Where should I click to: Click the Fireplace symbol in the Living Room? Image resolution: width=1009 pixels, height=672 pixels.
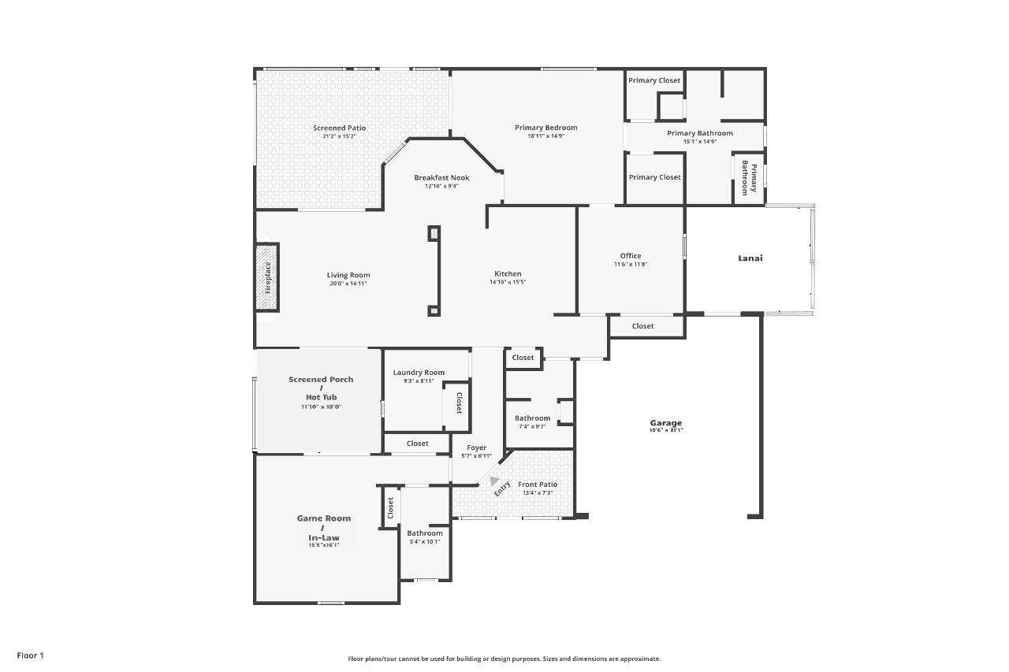pos(267,277)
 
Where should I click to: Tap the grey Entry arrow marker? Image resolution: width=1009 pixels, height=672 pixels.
pos(494,481)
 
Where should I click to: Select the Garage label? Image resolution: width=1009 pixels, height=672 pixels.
pos(666,422)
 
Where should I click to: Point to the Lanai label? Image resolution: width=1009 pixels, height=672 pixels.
pos(750,258)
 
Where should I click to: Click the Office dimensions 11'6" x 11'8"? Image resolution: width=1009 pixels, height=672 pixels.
pos(631,264)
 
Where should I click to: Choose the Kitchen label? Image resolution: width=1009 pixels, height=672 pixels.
pos(508,273)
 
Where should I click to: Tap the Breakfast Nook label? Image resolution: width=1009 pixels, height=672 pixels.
pos(441,178)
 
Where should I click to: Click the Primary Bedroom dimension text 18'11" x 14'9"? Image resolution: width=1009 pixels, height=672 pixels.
pos(546,136)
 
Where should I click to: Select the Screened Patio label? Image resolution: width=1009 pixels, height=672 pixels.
pos(339,128)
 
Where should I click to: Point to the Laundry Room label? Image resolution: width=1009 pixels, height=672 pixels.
pos(419,372)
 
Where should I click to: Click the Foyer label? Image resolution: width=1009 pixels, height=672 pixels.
pos(477,447)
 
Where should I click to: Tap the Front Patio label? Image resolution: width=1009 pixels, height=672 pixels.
pos(538,485)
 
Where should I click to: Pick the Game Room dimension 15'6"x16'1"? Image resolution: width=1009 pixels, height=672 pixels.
pos(324,545)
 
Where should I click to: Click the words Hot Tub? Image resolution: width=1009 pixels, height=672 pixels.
pos(321,397)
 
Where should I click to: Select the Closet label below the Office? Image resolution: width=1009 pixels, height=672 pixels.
pos(642,326)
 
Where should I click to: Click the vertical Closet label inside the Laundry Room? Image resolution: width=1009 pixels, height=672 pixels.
pos(459,403)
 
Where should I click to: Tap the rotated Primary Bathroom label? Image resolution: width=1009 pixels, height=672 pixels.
pos(749,178)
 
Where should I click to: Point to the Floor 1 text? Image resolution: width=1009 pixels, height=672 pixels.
pos(30,655)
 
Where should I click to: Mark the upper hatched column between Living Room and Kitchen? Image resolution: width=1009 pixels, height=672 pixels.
pos(434,234)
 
